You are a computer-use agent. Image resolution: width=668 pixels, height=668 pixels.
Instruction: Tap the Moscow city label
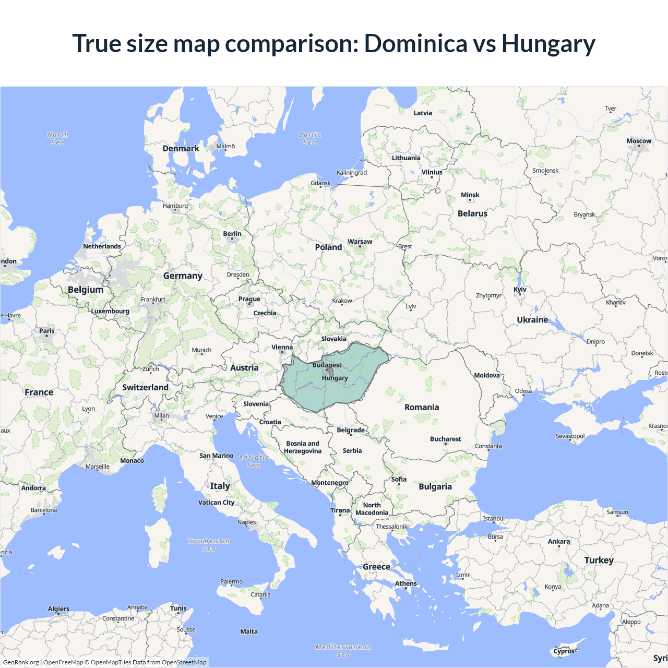pos(639,141)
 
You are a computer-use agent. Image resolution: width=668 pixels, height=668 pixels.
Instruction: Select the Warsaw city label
pos(360,242)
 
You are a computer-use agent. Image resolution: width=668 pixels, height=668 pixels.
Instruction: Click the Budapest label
pos(327,365)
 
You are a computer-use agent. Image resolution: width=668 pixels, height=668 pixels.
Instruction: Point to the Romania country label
pos(422,407)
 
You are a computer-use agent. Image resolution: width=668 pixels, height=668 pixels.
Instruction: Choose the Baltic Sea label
pos(309,138)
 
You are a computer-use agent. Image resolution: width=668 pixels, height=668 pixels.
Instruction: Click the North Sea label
pos(57,138)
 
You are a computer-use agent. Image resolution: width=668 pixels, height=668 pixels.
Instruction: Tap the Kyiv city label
pos(520,290)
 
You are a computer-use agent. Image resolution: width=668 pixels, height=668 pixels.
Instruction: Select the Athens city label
pos(405,583)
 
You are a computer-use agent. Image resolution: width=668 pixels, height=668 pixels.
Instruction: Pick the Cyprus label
pos(564,651)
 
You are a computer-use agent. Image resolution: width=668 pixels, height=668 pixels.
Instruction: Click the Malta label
pos(249,631)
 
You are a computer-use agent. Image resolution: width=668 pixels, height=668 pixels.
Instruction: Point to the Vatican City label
pos(216,503)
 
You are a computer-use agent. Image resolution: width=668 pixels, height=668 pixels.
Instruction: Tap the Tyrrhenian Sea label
pos(209,545)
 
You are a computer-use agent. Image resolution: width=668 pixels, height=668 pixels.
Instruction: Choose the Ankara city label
pos(558,541)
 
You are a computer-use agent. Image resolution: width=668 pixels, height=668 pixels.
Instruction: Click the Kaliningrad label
pos(351,173)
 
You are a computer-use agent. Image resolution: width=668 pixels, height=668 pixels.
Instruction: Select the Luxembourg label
pos(110,311)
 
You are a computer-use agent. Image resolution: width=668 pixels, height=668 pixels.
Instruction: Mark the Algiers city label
pos(58,609)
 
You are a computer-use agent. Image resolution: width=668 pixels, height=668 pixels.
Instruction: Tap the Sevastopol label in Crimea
pos(570,436)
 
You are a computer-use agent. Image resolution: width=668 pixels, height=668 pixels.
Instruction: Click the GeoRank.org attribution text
pos(21,662)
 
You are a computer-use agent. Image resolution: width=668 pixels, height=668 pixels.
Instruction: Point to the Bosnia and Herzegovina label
pos(303,447)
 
